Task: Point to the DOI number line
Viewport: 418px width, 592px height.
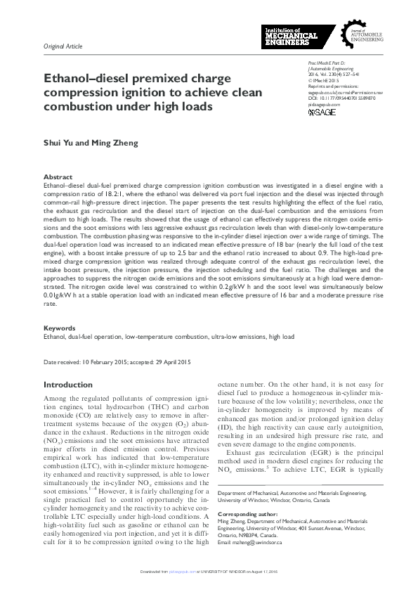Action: [x=341, y=98]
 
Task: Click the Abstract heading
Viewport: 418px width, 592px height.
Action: [x=58, y=177]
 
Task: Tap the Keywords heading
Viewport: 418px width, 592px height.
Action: [x=60, y=328]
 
